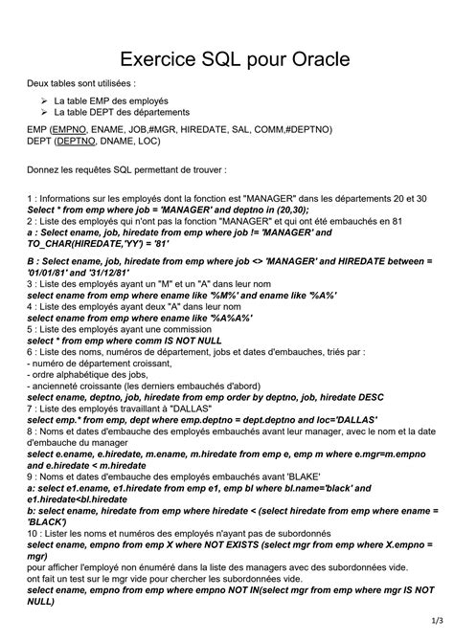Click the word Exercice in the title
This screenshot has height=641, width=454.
pyautogui.click(x=147, y=60)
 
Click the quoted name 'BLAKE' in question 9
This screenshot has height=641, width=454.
pyautogui.click(x=300, y=475)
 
